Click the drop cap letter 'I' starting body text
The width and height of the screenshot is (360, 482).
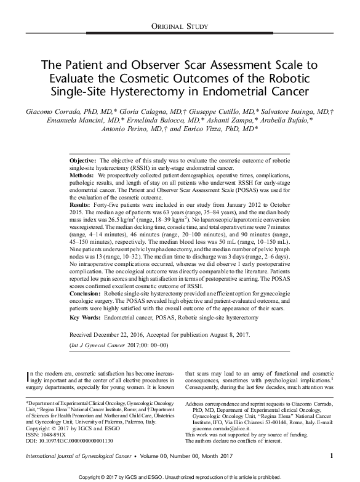22,376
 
